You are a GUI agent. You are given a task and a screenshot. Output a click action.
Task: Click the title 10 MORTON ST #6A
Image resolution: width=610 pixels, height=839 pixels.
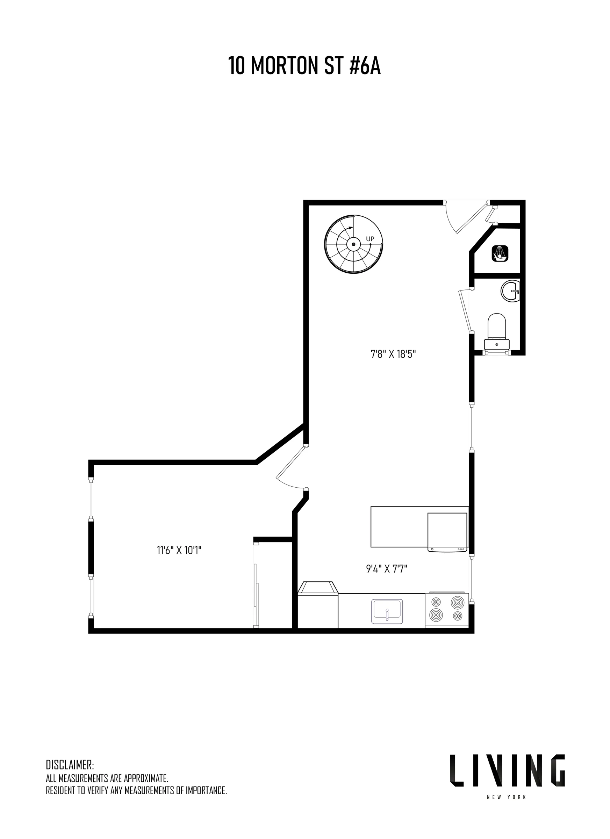304,66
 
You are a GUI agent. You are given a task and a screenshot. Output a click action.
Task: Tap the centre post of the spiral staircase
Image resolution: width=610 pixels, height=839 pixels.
354,244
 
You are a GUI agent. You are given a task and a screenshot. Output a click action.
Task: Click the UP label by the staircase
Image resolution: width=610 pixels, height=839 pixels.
370,239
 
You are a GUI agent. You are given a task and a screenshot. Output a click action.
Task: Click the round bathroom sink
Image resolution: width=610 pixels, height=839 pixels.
510,291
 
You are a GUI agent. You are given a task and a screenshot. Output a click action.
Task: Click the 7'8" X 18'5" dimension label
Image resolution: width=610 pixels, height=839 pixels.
393,354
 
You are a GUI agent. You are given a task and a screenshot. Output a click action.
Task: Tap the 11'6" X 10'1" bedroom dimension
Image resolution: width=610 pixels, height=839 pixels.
179,551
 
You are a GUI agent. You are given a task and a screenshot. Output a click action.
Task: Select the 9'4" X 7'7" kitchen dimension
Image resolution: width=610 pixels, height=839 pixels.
387,568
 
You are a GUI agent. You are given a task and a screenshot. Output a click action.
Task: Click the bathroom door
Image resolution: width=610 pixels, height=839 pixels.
465,311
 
